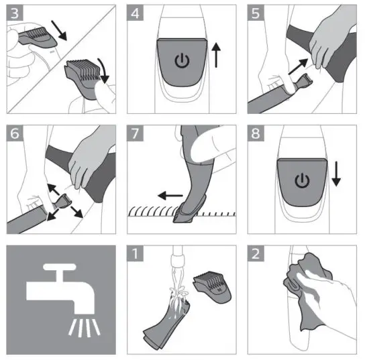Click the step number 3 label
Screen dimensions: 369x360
point(15,13)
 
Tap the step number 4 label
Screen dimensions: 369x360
point(135,13)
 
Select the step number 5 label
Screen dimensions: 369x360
point(256,13)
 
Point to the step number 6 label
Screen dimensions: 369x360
point(15,133)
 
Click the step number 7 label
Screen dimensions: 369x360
point(135,133)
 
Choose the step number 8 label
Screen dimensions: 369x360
point(256,133)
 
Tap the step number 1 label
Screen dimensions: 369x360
point(135,253)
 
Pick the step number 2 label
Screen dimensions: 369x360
point(256,253)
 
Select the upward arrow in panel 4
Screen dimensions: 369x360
point(216,56)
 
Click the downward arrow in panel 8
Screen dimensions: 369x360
point(336,174)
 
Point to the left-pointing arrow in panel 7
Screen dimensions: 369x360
point(170,195)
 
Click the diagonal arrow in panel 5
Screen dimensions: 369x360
point(298,66)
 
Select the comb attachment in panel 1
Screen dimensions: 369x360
point(212,287)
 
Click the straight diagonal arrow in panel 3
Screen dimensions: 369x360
point(59,30)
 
